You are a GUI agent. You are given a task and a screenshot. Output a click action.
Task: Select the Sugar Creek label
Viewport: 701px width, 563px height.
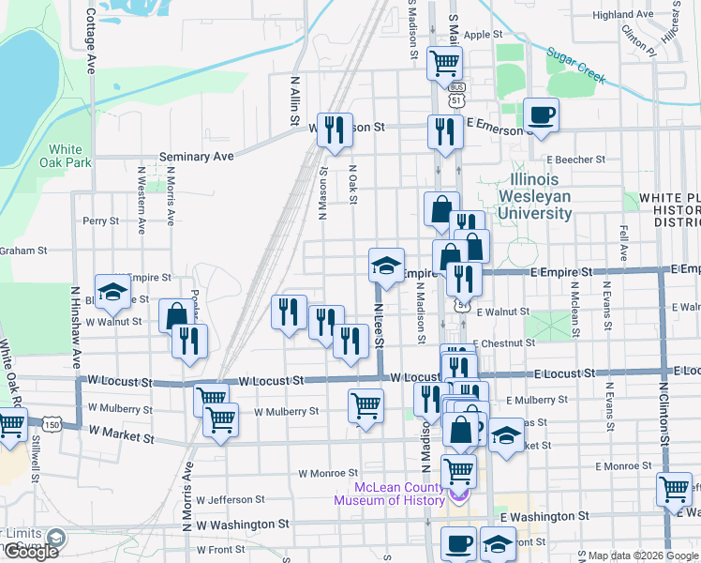(577, 67)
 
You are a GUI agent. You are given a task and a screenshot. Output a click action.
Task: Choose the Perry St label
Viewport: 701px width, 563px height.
(100, 221)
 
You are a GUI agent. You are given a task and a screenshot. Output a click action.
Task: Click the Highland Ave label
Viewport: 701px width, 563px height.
(622, 15)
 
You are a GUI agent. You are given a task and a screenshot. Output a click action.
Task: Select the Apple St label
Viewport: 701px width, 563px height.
(484, 35)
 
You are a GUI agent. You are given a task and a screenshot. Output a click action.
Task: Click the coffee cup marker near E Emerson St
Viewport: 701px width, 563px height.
(541, 116)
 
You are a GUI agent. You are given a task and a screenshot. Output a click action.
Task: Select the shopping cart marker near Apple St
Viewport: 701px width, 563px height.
(444, 64)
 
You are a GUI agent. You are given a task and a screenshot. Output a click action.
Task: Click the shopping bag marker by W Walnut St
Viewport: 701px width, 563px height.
(175, 315)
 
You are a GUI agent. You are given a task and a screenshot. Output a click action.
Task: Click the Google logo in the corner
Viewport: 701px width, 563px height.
(31, 552)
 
